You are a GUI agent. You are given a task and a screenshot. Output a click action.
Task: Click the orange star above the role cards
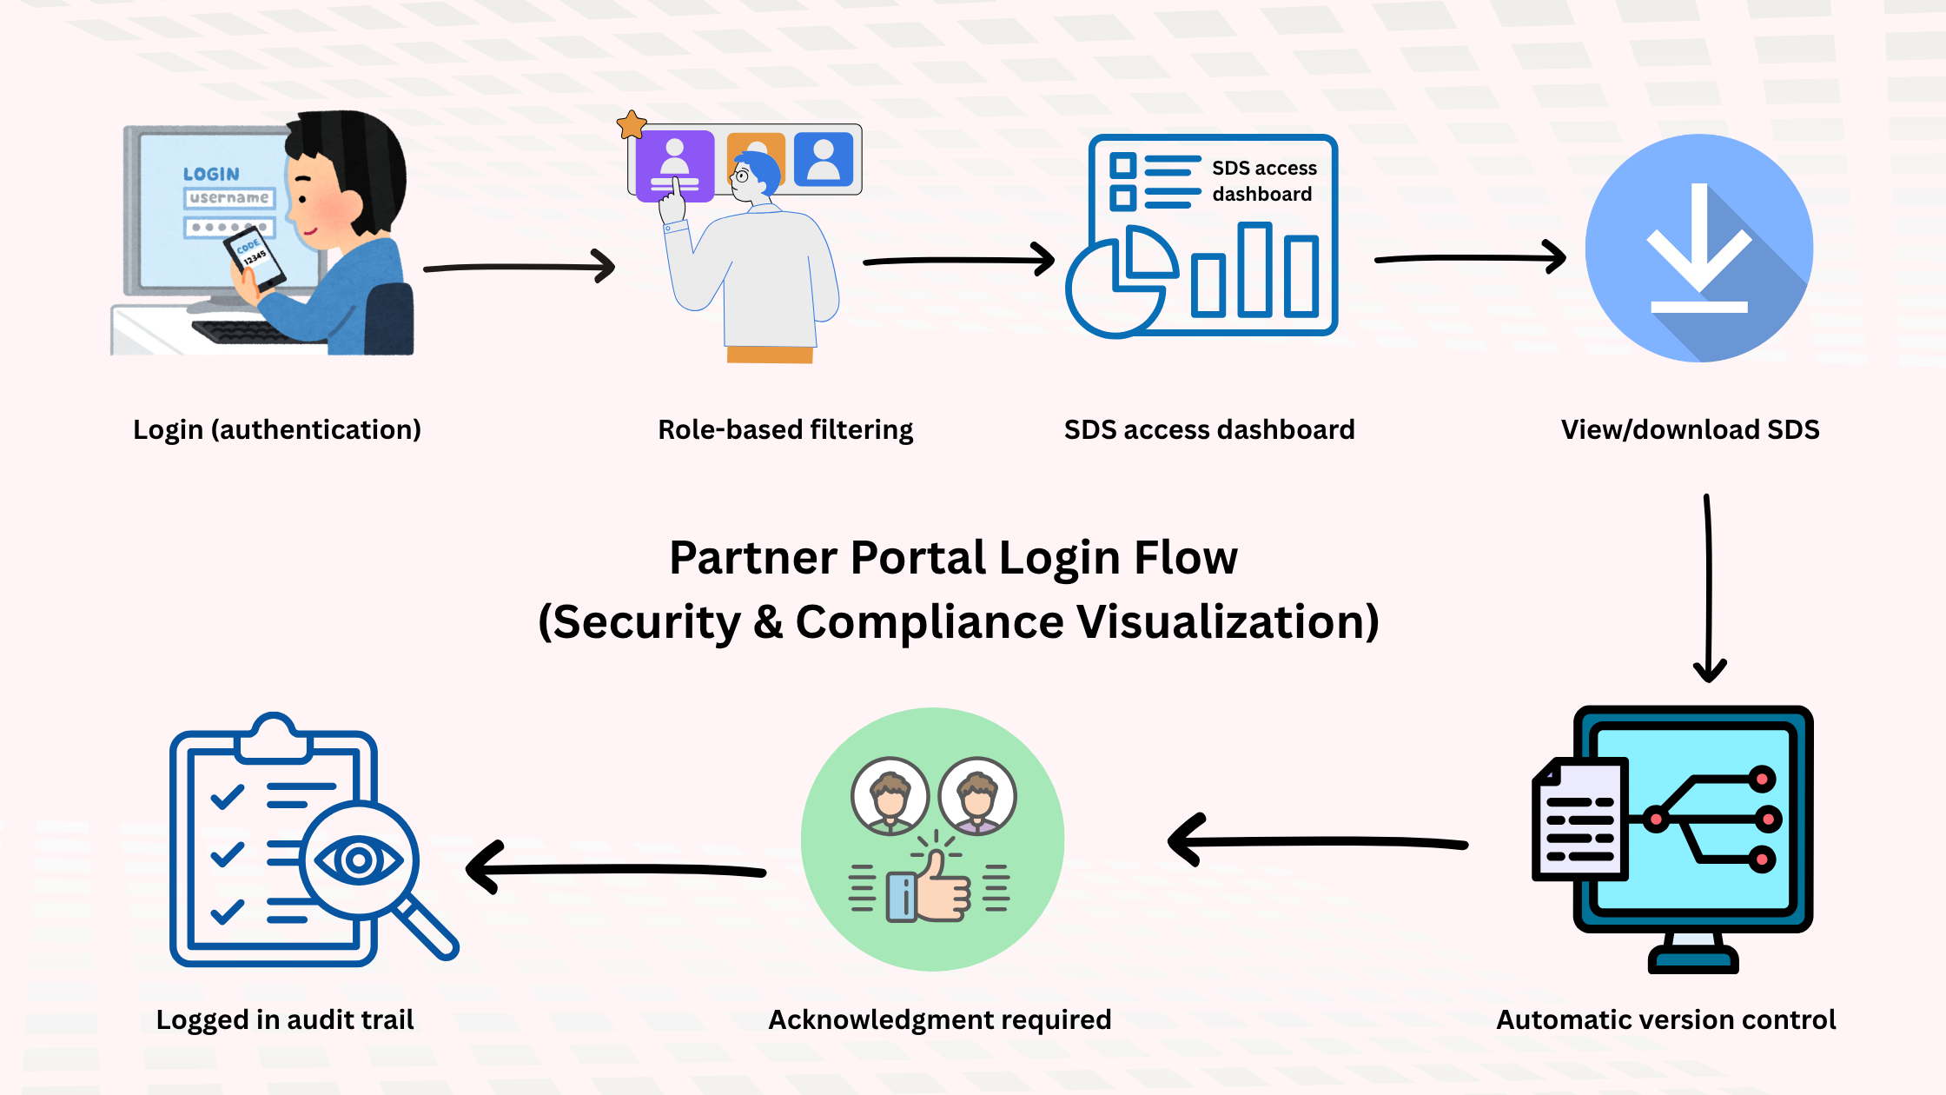coord(632,125)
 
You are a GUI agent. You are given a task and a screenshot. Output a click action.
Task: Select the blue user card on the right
coord(824,159)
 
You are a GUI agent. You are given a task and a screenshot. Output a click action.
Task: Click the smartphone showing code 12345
coord(255,258)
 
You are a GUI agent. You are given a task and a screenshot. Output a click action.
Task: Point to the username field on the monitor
coord(229,198)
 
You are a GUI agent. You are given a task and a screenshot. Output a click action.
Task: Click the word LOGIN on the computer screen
coord(211,174)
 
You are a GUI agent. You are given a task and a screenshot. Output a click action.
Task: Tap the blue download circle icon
coord(1698,248)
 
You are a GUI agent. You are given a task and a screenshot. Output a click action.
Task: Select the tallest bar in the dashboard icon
coord(1254,269)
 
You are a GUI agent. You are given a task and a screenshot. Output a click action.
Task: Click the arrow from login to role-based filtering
coord(520,267)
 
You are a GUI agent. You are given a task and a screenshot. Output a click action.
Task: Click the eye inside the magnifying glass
coord(358,860)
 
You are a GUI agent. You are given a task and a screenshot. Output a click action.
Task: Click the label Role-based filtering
coord(785,430)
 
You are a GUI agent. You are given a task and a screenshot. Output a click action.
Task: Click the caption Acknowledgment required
coord(939,1019)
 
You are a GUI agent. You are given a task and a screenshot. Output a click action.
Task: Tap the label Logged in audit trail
coord(284,1019)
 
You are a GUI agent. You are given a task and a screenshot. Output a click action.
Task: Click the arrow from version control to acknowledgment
coord(1317,841)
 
